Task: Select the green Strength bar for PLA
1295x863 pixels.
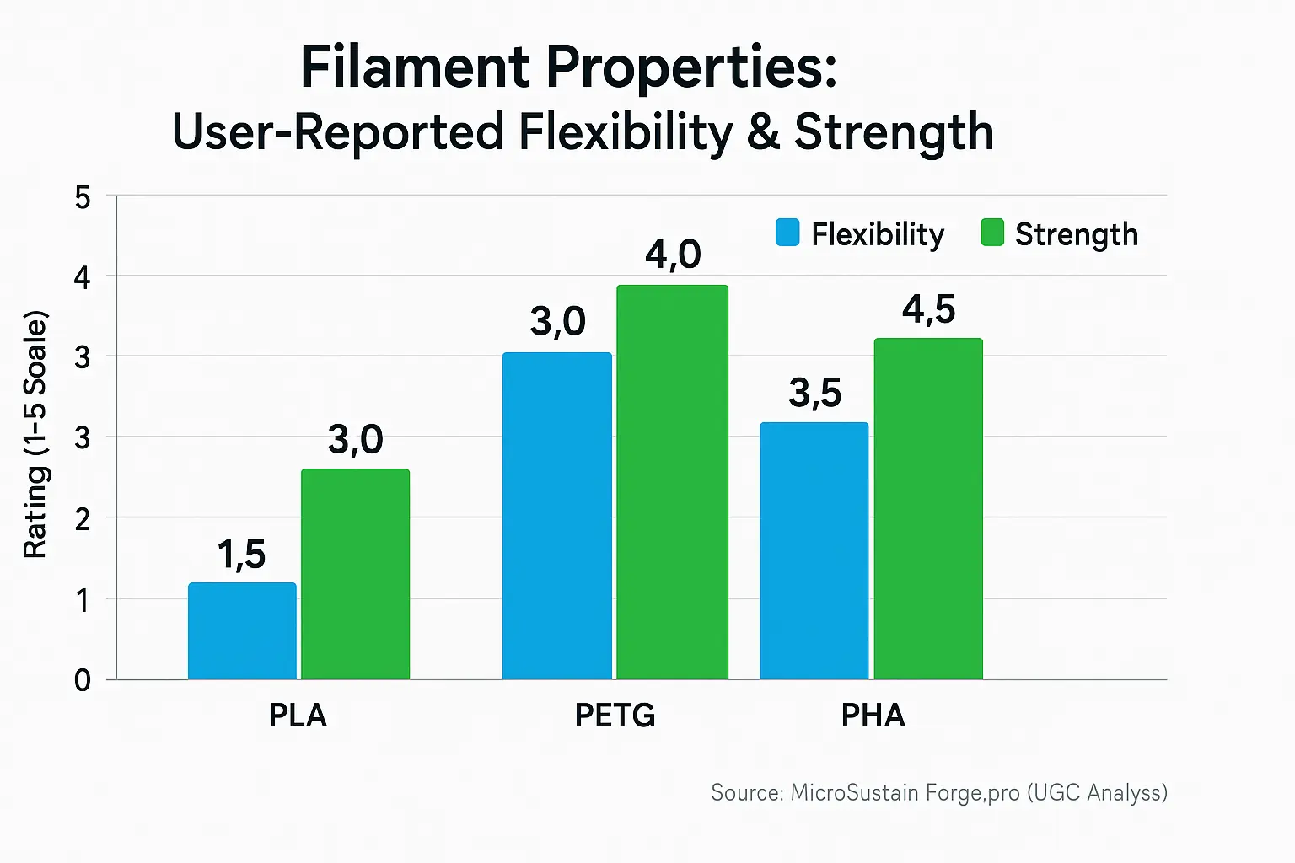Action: point(355,574)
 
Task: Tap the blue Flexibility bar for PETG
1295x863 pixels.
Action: point(556,516)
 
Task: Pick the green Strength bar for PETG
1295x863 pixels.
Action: point(672,482)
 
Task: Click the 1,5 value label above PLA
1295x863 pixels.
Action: point(241,555)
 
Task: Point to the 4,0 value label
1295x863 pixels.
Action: point(673,255)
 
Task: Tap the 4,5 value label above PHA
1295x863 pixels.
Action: point(928,309)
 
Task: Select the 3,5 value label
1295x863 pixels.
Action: point(814,393)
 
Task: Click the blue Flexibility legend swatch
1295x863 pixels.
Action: point(787,233)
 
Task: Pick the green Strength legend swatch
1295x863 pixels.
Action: point(992,233)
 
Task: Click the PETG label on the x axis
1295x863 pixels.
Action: point(615,716)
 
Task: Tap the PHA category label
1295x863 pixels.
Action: point(873,716)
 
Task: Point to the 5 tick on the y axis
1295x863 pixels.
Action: point(83,198)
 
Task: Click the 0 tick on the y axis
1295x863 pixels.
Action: point(83,680)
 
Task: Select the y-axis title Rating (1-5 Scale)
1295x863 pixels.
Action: point(35,435)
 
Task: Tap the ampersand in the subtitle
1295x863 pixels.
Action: point(762,133)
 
